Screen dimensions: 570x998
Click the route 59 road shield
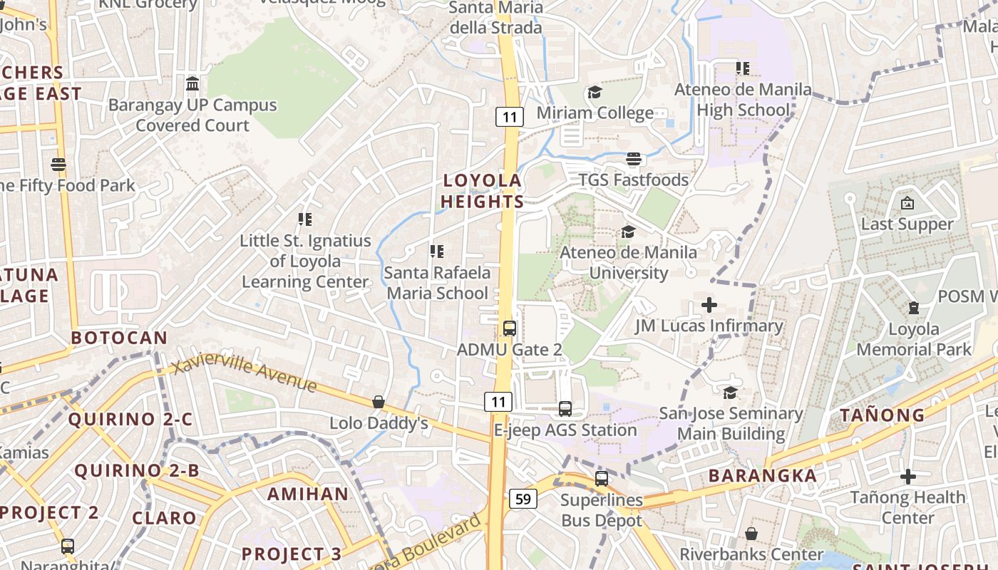pyautogui.click(x=523, y=499)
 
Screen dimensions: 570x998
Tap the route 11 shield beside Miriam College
pyautogui.click(x=510, y=116)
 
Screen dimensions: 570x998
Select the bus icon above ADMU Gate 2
pyautogui.click(x=509, y=328)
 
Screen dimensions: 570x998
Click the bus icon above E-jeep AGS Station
pyautogui.click(x=565, y=409)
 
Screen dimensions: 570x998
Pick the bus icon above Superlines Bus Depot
pyautogui.click(x=602, y=478)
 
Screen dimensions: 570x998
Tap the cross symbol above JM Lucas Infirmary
pyautogui.click(x=709, y=305)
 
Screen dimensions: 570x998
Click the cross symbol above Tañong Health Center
pyautogui.click(x=907, y=476)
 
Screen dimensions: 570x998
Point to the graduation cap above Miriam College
pyautogui.click(x=595, y=93)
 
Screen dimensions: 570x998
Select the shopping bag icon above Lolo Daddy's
pyautogui.click(x=379, y=403)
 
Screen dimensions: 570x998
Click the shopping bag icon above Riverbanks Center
pyautogui.click(x=751, y=533)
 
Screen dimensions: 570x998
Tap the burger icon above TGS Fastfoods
pyautogui.click(x=634, y=159)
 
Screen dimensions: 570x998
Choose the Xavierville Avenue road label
pyautogui.click(x=245, y=375)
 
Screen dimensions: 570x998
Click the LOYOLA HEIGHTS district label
pyautogui.click(x=482, y=191)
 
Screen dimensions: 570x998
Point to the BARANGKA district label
pyautogui.click(x=763, y=476)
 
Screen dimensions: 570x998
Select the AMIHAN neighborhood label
pyautogui.click(x=308, y=494)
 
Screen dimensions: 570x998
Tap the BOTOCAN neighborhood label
pyautogui.click(x=119, y=338)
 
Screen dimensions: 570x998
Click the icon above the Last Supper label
pyautogui.click(x=907, y=204)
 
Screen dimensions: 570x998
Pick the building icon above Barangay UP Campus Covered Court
pyautogui.click(x=192, y=84)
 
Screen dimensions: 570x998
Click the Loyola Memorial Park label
pyautogui.click(x=914, y=339)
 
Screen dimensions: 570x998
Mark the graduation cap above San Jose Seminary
pyautogui.click(x=731, y=393)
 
